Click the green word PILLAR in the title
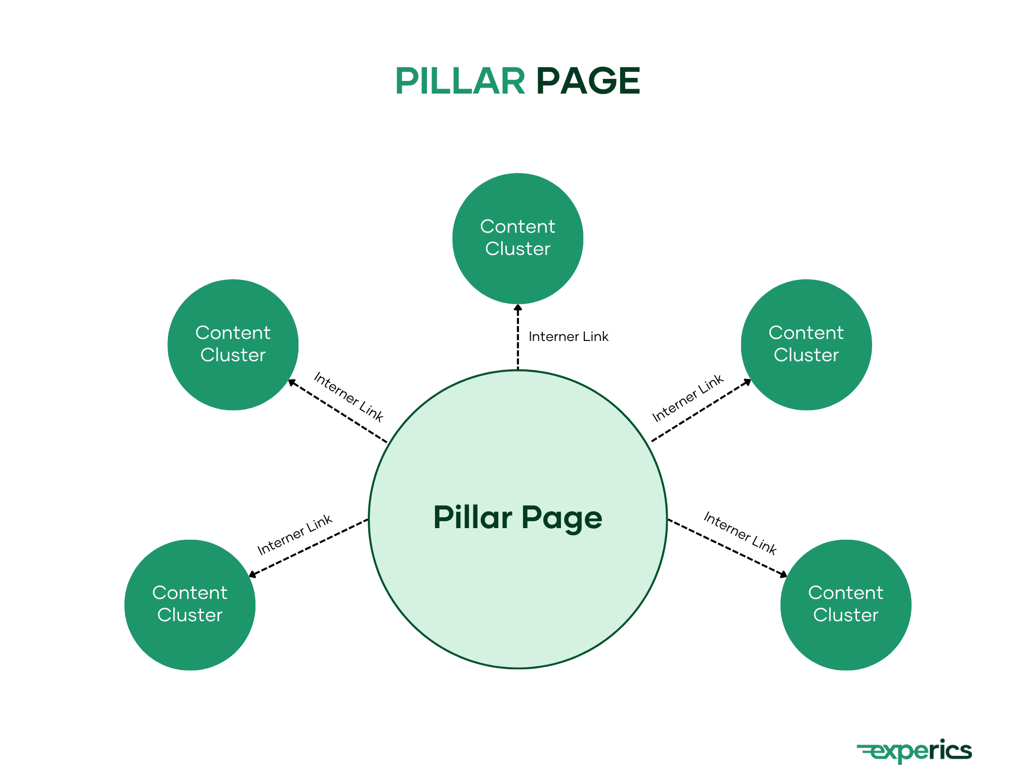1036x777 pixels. click(x=459, y=81)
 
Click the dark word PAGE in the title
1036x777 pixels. click(x=588, y=81)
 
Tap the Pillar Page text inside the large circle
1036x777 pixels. click(x=517, y=517)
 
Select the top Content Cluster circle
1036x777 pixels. click(x=517, y=238)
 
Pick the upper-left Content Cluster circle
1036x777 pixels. click(x=233, y=344)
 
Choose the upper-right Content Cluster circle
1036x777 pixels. click(x=806, y=344)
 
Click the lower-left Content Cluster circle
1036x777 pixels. click(x=190, y=605)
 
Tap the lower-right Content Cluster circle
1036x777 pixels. click(x=845, y=605)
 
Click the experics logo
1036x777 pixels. click(x=915, y=751)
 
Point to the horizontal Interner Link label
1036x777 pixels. click(x=568, y=337)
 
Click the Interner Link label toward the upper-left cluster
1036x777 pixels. click(x=349, y=397)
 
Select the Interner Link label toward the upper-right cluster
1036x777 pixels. click(x=687, y=398)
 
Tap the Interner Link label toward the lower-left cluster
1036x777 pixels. click(x=294, y=535)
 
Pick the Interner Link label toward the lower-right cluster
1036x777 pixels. click(x=740, y=533)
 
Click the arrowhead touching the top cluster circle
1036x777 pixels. click(x=517, y=308)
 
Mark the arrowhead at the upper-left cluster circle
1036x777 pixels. click(x=292, y=383)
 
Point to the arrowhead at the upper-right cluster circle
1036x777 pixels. click(x=747, y=382)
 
